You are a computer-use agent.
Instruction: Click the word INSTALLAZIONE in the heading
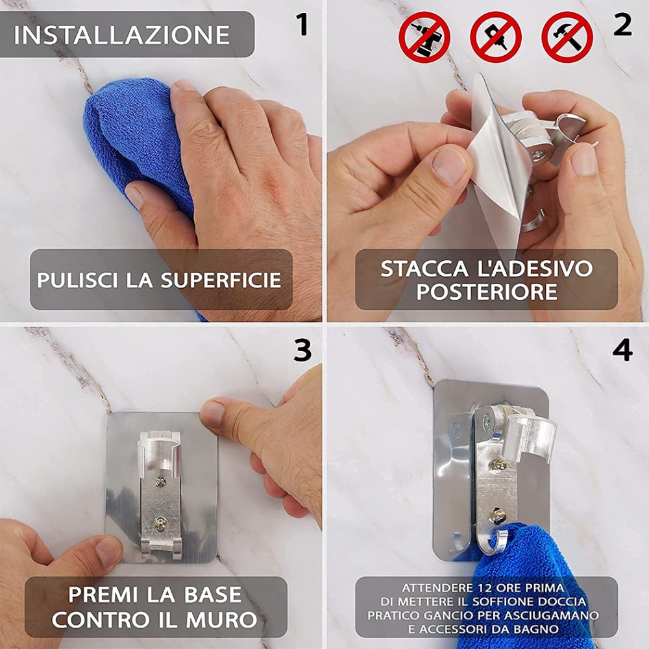[122, 34]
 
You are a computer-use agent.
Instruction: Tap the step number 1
[302, 25]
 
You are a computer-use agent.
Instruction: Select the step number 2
[622, 25]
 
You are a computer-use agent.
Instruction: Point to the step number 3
[302, 350]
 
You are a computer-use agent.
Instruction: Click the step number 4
[622, 350]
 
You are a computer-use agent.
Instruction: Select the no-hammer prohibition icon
[567, 36]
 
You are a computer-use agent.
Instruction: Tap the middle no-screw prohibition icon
[495, 36]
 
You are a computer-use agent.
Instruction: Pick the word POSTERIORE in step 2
[487, 292]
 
